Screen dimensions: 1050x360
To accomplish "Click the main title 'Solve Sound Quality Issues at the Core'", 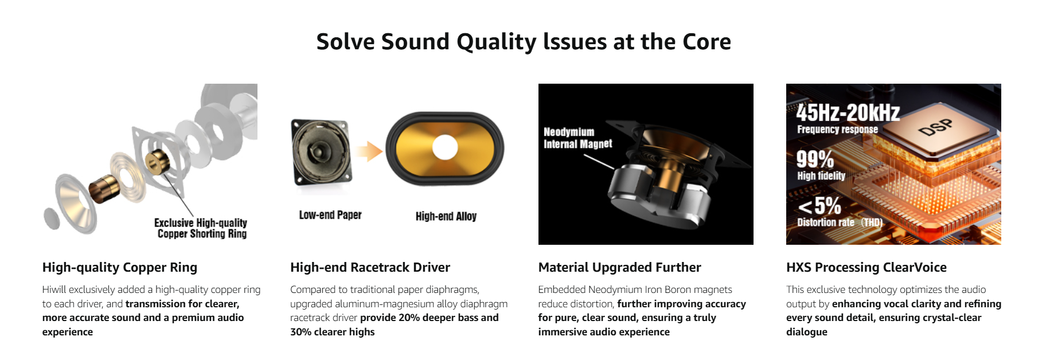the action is [524, 42].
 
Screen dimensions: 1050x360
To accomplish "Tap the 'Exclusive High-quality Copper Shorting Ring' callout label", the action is [201, 228].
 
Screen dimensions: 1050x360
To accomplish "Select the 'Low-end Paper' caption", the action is [330, 215].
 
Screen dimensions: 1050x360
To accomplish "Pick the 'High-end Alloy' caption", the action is [446, 216].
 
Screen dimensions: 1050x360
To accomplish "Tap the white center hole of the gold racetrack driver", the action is [445, 147].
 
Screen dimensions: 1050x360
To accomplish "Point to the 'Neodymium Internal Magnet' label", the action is [577, 138].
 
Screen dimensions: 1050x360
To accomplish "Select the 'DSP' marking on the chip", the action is [935, 127].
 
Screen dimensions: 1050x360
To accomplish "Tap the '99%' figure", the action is [815, 159].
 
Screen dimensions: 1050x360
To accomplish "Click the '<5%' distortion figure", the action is [819, 205].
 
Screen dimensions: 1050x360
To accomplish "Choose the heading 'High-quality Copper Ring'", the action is [120, 267].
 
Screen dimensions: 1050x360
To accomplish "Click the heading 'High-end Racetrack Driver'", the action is [370, 267].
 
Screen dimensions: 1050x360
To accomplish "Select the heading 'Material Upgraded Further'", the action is [619, 267].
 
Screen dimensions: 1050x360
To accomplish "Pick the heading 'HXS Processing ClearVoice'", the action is [866, 267].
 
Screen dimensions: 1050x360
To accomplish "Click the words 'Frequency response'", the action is [837, 130].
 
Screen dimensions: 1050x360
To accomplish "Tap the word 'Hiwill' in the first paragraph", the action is [54, 289].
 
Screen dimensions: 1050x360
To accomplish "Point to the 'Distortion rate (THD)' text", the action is [840, 222].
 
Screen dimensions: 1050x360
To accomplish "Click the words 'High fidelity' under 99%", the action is [821, 176].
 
